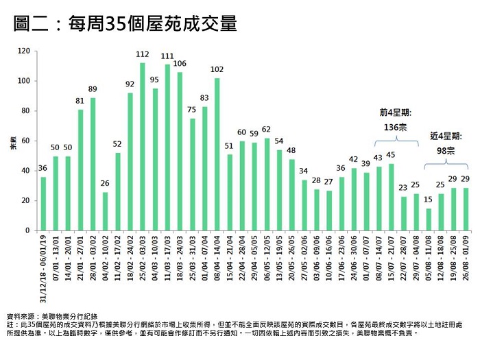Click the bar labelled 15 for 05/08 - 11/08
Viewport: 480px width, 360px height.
click(429, 219)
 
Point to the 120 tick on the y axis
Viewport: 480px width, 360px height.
click(25, 51)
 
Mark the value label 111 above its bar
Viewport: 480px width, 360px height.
click(167, 56)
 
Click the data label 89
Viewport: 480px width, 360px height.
click(93, 89)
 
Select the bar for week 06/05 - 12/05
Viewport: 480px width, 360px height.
click(267, 184)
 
